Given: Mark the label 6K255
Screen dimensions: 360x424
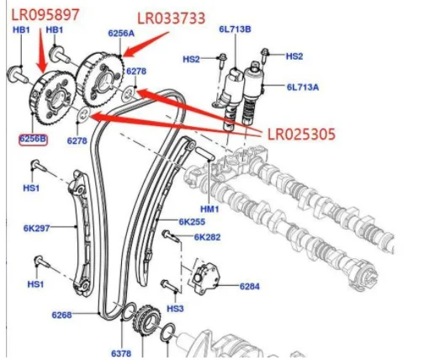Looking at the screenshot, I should click(x=192, y=222).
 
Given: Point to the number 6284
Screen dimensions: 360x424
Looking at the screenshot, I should click(x=250, y=287).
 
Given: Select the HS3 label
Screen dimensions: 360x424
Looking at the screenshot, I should click(x=175, y=309).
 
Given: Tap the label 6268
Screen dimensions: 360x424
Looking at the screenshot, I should click(x=62, y=315).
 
